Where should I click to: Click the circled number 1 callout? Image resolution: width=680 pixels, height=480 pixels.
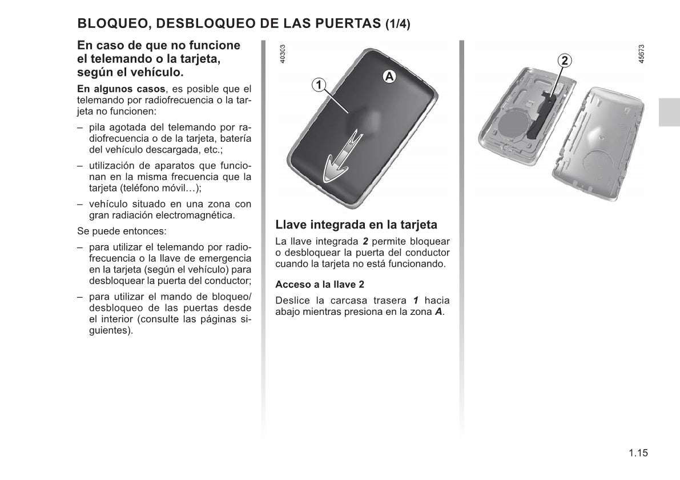pyautogui.click(x=319, y=85)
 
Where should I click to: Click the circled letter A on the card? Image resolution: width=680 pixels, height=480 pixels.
pyautogui.click(x=389, y=76)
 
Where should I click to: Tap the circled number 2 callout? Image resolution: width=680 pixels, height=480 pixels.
pyautogui.click(x=564, y=60)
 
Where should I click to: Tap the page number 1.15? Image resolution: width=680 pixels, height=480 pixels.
pyautogui.click(x=638, y=453)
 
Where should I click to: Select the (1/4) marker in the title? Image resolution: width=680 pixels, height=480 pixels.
pyautogui.click(x=397, y=24)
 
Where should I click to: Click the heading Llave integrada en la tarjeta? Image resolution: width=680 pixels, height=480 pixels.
pyautogui.click(x=356, y=225)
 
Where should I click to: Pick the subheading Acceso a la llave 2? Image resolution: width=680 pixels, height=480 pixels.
pyautogui.click(x=320, y=284)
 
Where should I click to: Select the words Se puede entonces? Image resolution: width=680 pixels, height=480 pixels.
pyautogui.click(x=122, y=232)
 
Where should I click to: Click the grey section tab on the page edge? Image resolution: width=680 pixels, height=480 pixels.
pyautogui.click(x=669, y=112)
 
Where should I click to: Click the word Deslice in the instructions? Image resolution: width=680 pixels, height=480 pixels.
pyautogui.click(x=292, y=301)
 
